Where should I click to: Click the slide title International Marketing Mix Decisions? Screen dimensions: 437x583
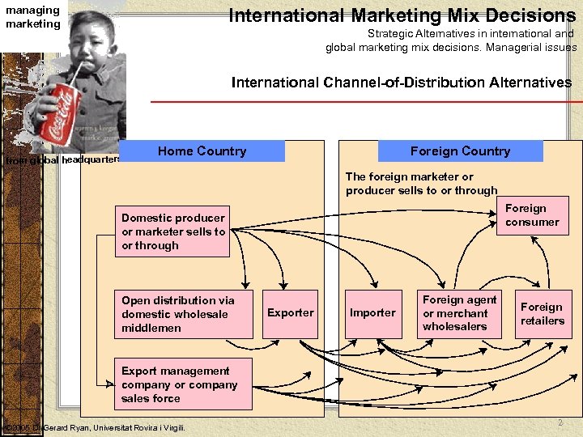[402, 15]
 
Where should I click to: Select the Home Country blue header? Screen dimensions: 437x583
[202, 151]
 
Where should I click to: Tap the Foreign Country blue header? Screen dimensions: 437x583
[460, 151]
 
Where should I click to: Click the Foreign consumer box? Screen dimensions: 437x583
[533, 215]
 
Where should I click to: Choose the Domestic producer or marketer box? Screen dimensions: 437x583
[173, 231]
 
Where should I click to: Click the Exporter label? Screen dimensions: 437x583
[290, 312]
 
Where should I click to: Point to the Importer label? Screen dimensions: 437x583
[372, 312]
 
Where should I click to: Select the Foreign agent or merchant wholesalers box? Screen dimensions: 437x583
[459, 313]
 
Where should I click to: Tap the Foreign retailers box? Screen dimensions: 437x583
[542, 314]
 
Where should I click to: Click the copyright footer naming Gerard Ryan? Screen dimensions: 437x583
[96, 427]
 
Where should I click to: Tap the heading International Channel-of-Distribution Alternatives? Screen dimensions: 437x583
[401, 83]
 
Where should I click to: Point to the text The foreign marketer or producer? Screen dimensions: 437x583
[421, 184]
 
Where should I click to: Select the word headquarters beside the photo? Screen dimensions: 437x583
[91, 159]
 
